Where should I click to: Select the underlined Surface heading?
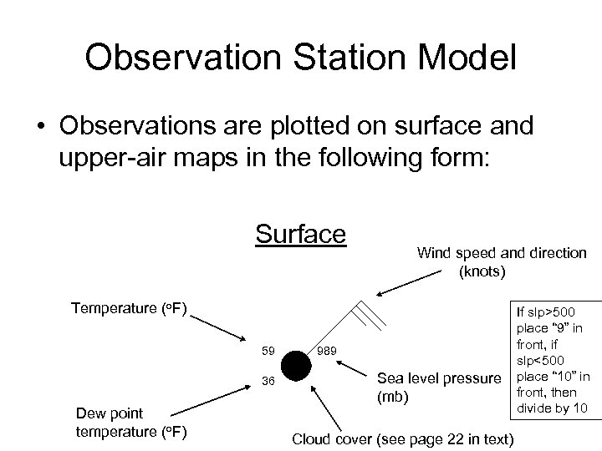coord(300,233)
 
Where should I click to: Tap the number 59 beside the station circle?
coord(269,349)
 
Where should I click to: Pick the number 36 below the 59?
coord(269,381)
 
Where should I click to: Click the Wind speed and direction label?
coord(501,261)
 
